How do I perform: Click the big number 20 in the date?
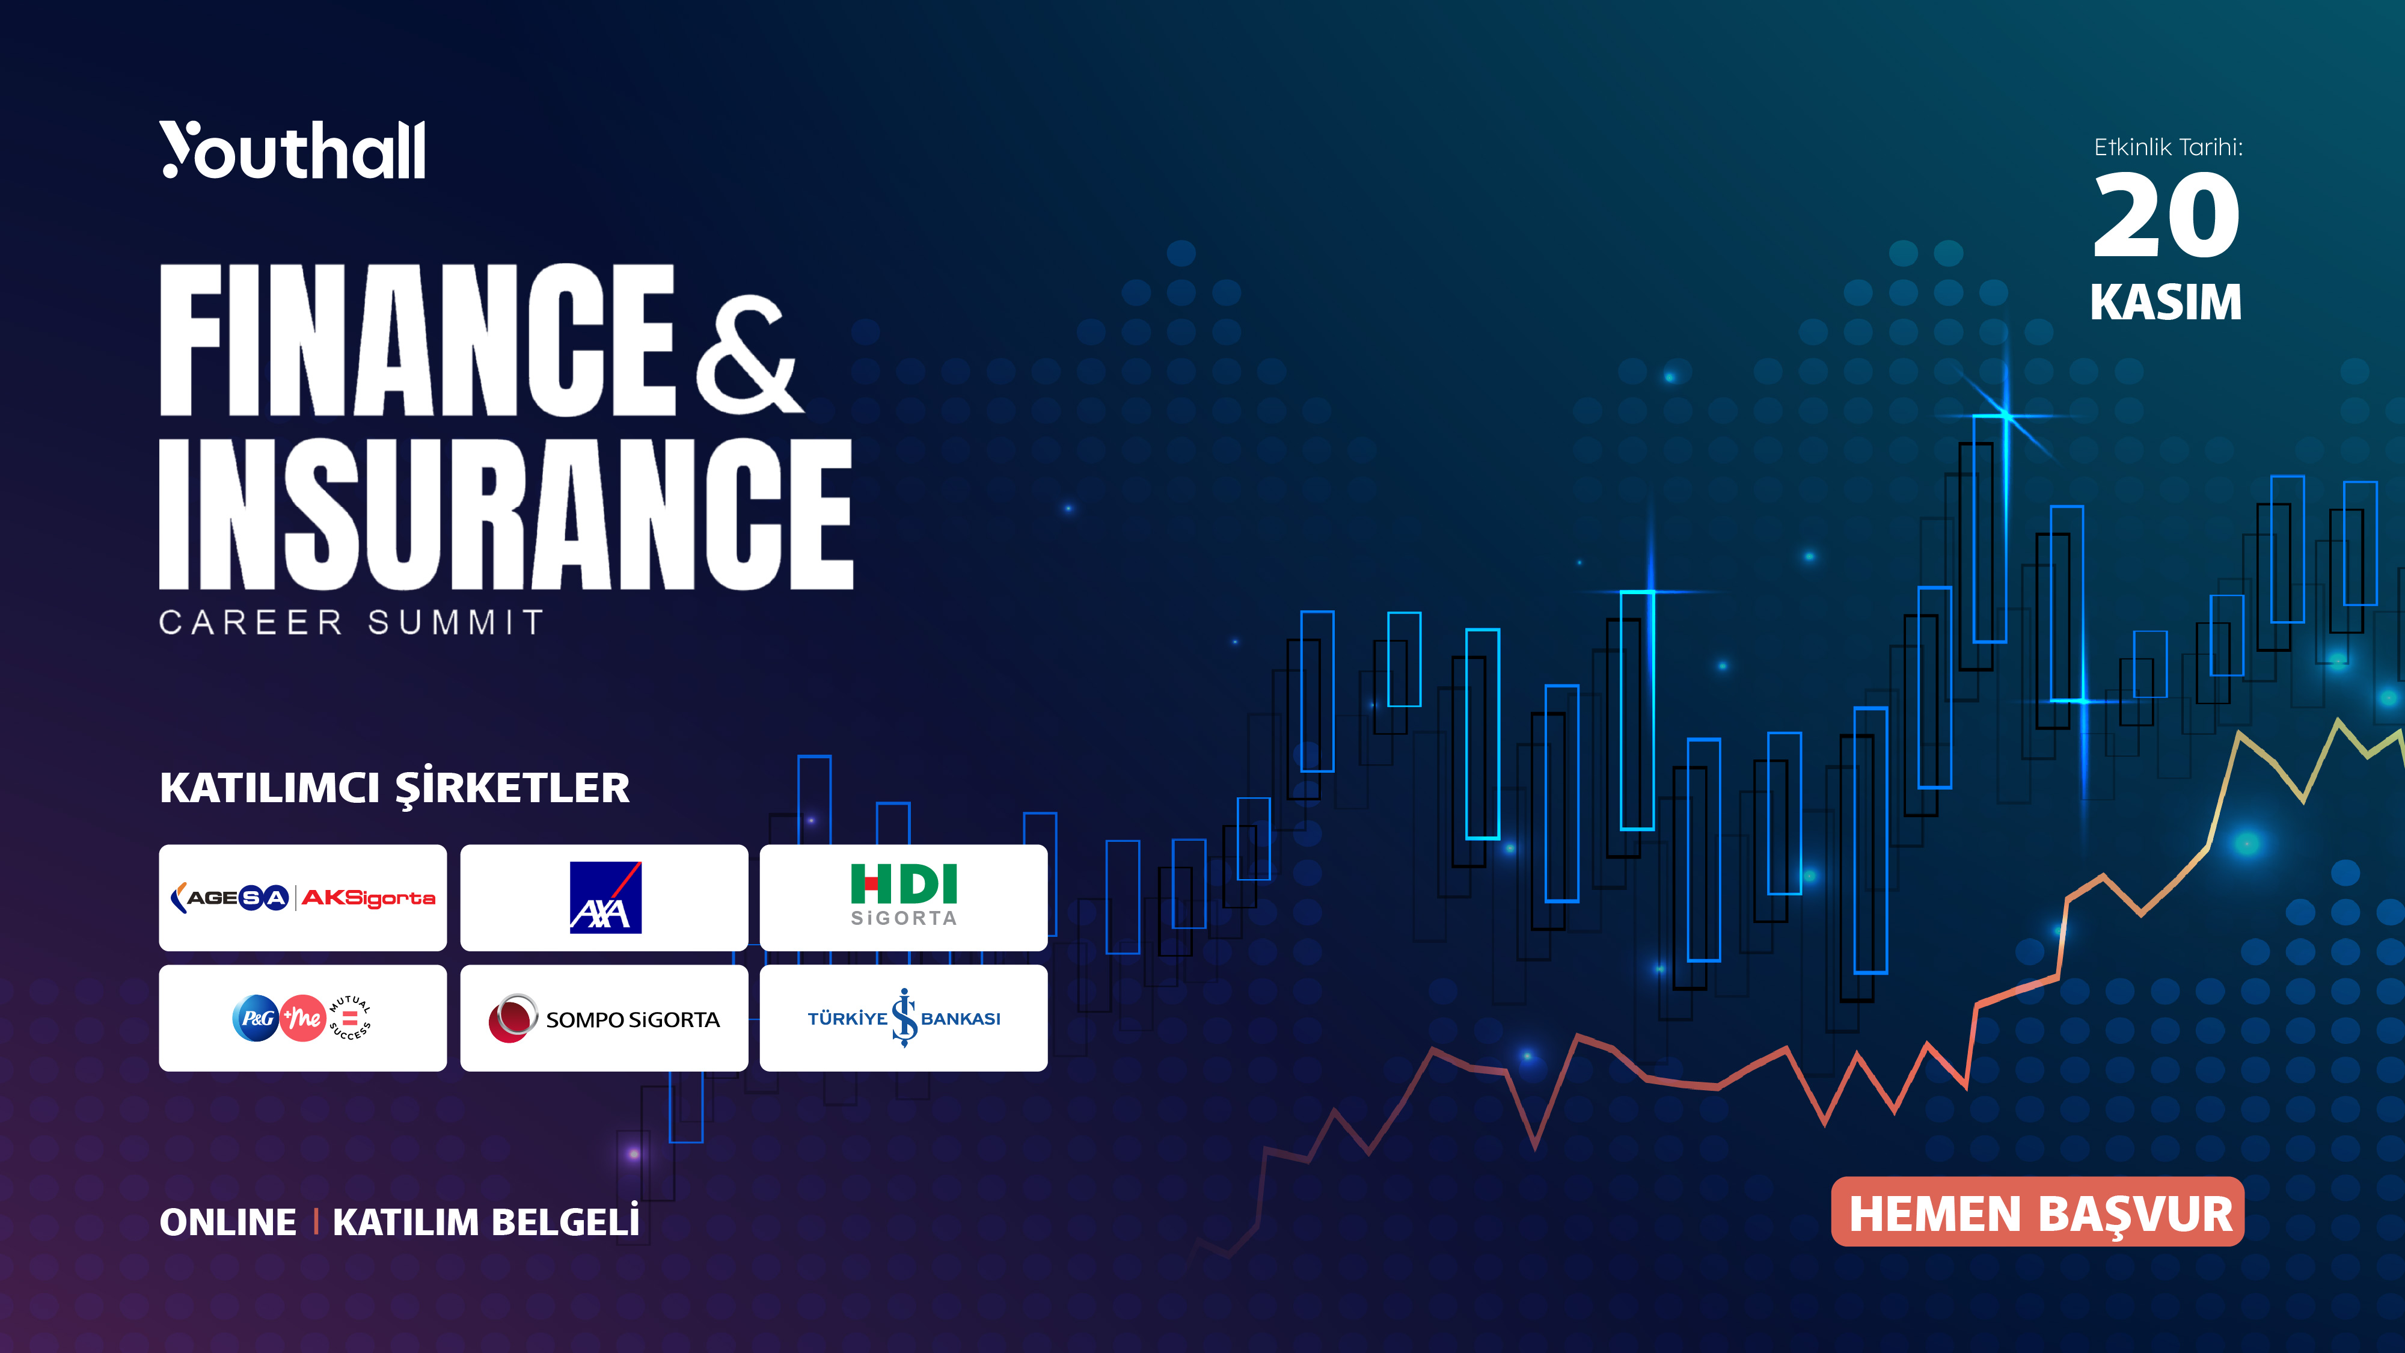2166,216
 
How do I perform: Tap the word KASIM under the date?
2166,302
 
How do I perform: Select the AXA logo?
605,897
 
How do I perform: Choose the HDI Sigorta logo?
904,895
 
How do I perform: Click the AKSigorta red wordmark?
369,898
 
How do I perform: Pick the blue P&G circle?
255,1019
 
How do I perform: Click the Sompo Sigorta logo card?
604,1019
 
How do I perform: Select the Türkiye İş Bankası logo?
904,1019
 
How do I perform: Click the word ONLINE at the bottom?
228,1223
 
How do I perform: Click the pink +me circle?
302,1019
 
